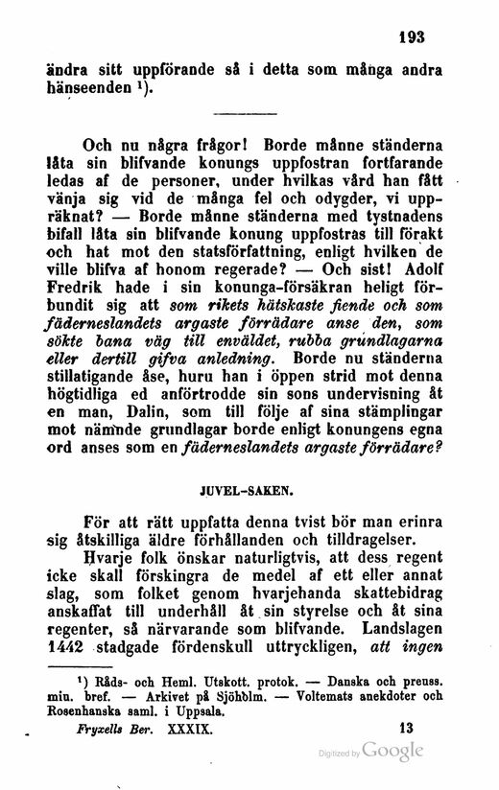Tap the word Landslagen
tap(399, 630)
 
